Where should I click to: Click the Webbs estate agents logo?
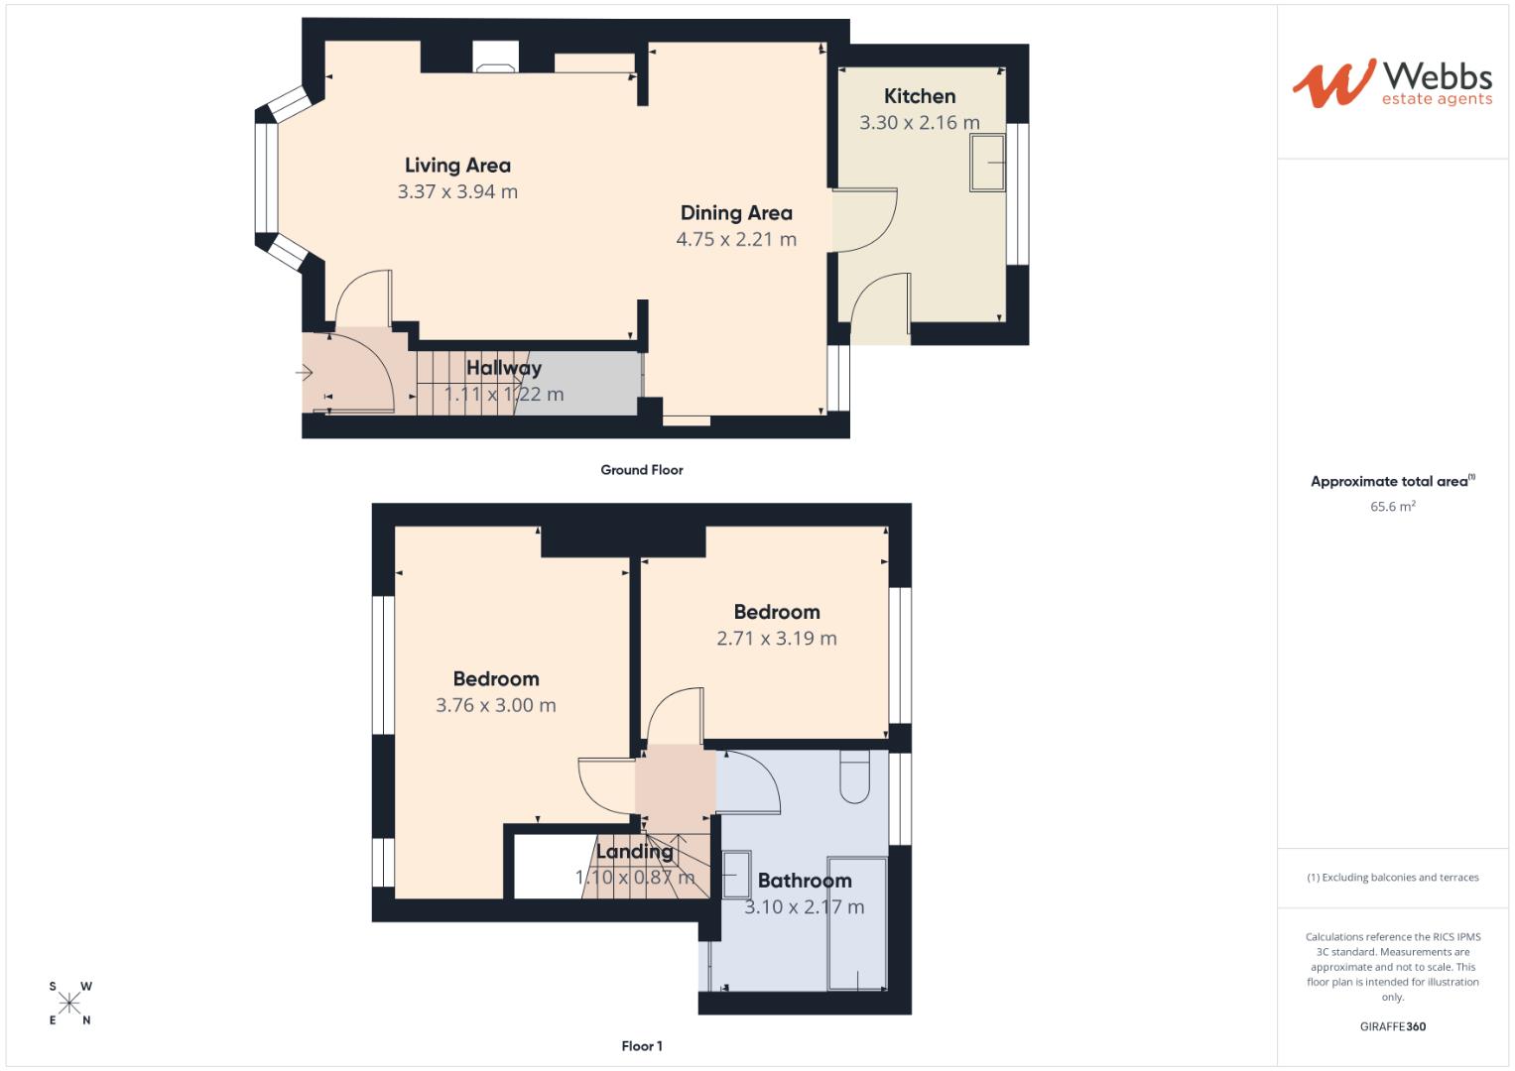(1392, 83)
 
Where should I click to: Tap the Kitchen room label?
(920, 96)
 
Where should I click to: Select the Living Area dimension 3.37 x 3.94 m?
(457, 191)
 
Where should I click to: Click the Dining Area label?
(736, 213)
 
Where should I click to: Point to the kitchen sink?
(987, 162)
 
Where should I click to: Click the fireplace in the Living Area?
(494, 58)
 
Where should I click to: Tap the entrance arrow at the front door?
(304, 373)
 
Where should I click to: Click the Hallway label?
(504, 368)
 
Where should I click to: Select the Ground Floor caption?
(642, 470)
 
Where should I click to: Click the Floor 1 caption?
(642, 1045)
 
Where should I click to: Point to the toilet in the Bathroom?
(854, 774)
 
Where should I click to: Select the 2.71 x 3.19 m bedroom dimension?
(777, 639)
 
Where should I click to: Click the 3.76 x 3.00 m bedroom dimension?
(496, 705)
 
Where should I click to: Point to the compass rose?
(69, 1003)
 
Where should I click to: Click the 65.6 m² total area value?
(1392, 507)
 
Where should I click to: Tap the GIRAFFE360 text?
(1392, 1026)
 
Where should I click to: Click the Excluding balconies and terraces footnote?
(1392, 878)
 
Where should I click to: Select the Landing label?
(634, 852)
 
